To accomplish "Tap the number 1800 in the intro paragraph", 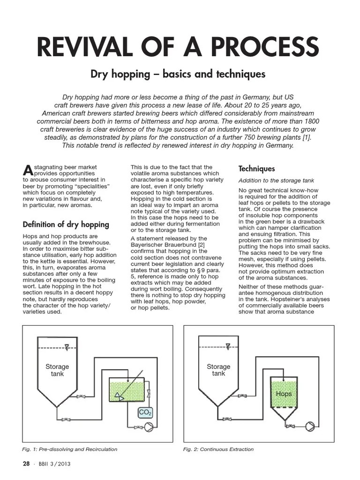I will [305, 121].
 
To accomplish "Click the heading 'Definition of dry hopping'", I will [66, 225].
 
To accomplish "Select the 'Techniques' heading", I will [256, 169].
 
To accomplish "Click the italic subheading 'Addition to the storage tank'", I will [276, 180].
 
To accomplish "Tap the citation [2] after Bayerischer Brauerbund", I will [201, 245].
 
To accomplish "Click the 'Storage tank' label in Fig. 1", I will [57, 370].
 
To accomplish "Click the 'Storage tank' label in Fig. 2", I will [218, 370].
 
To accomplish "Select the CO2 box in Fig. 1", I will [145, 413].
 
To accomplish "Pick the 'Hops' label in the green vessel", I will [284, 394].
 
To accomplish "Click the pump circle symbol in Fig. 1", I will [150, 427].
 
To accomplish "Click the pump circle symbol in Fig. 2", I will [310, 427].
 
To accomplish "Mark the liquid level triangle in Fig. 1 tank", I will [67, 347].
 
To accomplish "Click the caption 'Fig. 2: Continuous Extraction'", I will [218, 449].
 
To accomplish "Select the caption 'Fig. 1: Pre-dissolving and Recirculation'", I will [70, 449].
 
